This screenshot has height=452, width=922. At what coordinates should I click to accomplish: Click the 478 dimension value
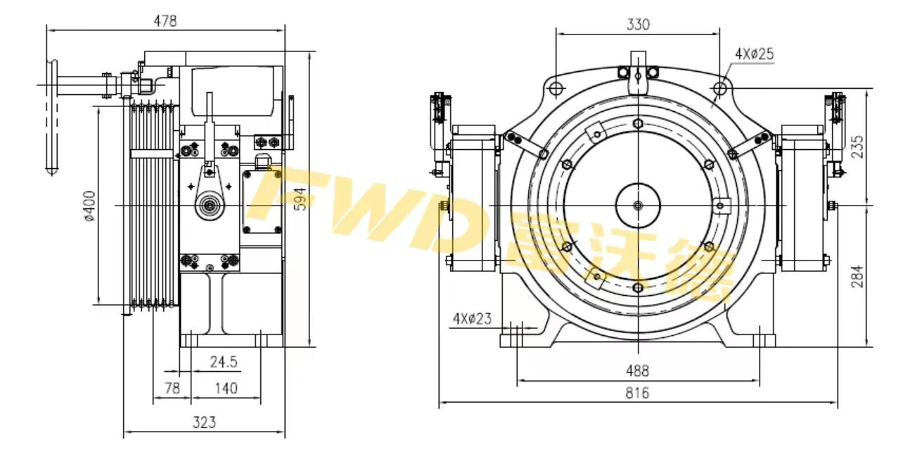[165, 21]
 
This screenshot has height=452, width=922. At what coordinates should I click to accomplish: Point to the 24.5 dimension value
[224, 363]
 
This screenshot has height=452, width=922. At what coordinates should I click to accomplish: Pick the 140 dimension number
[226, 388]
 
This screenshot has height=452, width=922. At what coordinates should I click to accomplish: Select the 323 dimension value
[204, 422]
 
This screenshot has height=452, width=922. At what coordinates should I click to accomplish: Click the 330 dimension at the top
[637, 24]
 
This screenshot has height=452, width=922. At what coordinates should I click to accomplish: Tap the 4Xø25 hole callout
[755, 54]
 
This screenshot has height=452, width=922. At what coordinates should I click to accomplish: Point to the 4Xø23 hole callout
[472, 319]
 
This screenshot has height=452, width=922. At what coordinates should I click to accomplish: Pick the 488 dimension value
[637, 371]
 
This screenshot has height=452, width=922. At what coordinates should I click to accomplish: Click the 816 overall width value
[637, 394]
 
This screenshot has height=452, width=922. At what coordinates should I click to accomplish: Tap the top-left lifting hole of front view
[556, 88]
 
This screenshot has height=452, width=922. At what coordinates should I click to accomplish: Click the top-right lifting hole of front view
[719, 88]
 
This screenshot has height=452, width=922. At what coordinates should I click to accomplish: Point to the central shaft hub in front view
[638, 206]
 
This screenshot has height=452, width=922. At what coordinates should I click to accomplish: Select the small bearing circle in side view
[209, 206]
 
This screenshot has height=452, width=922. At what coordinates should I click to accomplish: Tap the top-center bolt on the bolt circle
[638, 124]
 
